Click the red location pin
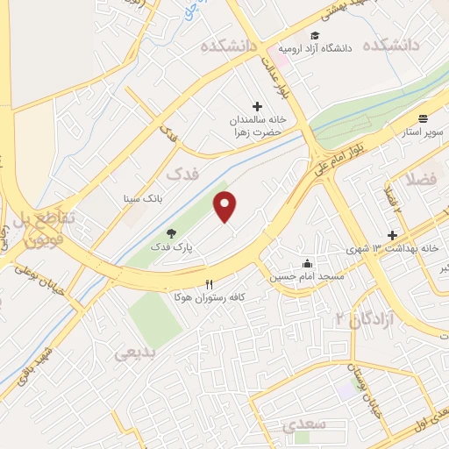click(226, 207)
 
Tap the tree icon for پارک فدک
click(171, 233)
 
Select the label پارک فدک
click(170, 247)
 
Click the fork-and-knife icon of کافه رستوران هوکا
click(209, 284)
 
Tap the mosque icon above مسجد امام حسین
click(307, 263)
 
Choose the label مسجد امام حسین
click(306, 277)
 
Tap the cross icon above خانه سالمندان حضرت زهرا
click(257, 106)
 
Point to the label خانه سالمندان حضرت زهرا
click(255, 125)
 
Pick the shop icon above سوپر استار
click(424, 118)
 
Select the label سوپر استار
click(424, 132)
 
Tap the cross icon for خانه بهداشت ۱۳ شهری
click(392, 235)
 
